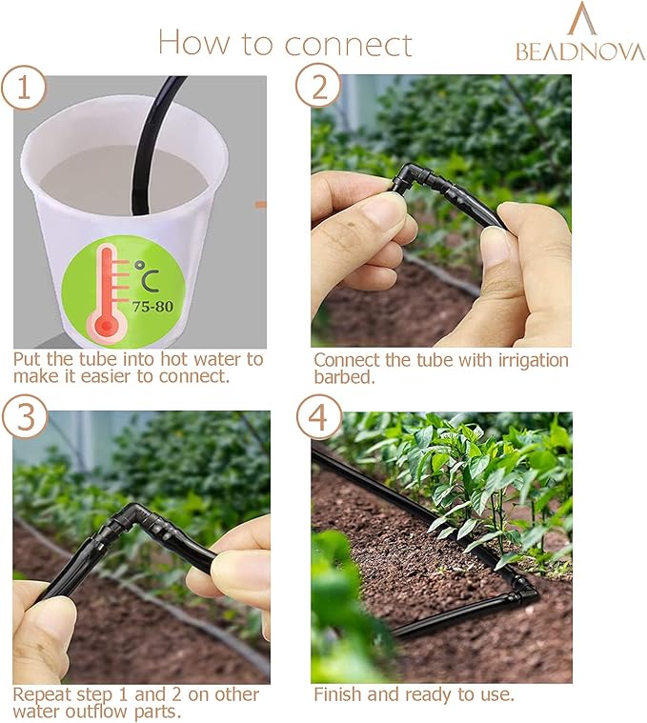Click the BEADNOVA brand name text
point(580,50)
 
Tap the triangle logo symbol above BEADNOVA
point(580,19)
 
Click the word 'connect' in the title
point(348,43)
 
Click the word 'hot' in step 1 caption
point(192,359)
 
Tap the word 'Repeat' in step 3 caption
point(42,694)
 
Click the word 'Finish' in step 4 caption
point(339,694)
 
